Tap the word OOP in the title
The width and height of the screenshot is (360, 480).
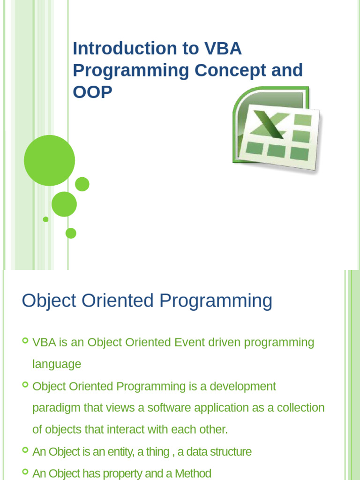92,92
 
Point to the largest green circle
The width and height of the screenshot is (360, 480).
49,160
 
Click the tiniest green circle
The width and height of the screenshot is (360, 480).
45,219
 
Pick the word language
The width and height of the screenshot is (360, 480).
57,364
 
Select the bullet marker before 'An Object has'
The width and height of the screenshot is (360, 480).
25,472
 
